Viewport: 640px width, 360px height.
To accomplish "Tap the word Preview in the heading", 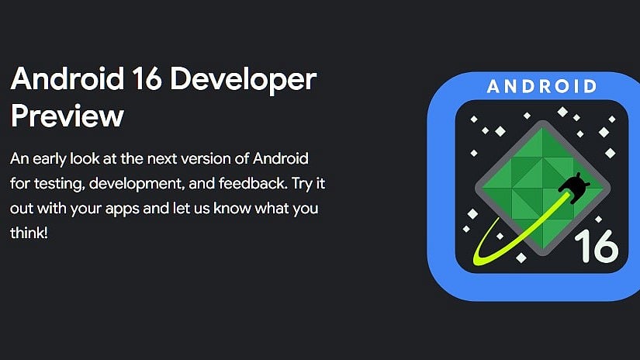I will (67, 116).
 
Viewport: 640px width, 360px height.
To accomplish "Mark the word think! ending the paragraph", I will (29, 234).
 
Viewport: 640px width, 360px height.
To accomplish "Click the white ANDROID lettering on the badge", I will (541, 86).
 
